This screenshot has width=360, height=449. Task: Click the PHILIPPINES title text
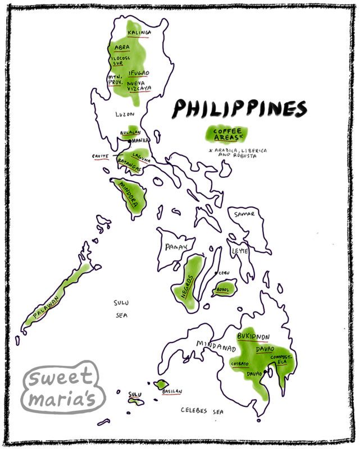pyautogui.click(x=240, y=109)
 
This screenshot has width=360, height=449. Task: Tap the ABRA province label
pyautogui.click(x=122, y=48)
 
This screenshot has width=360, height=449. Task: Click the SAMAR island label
pyautogui.click(x=245, y=214)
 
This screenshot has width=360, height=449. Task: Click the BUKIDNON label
pyautogui.click(x=253, y=336)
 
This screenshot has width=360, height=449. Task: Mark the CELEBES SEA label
pyautogui.click(x=202, y=411)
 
